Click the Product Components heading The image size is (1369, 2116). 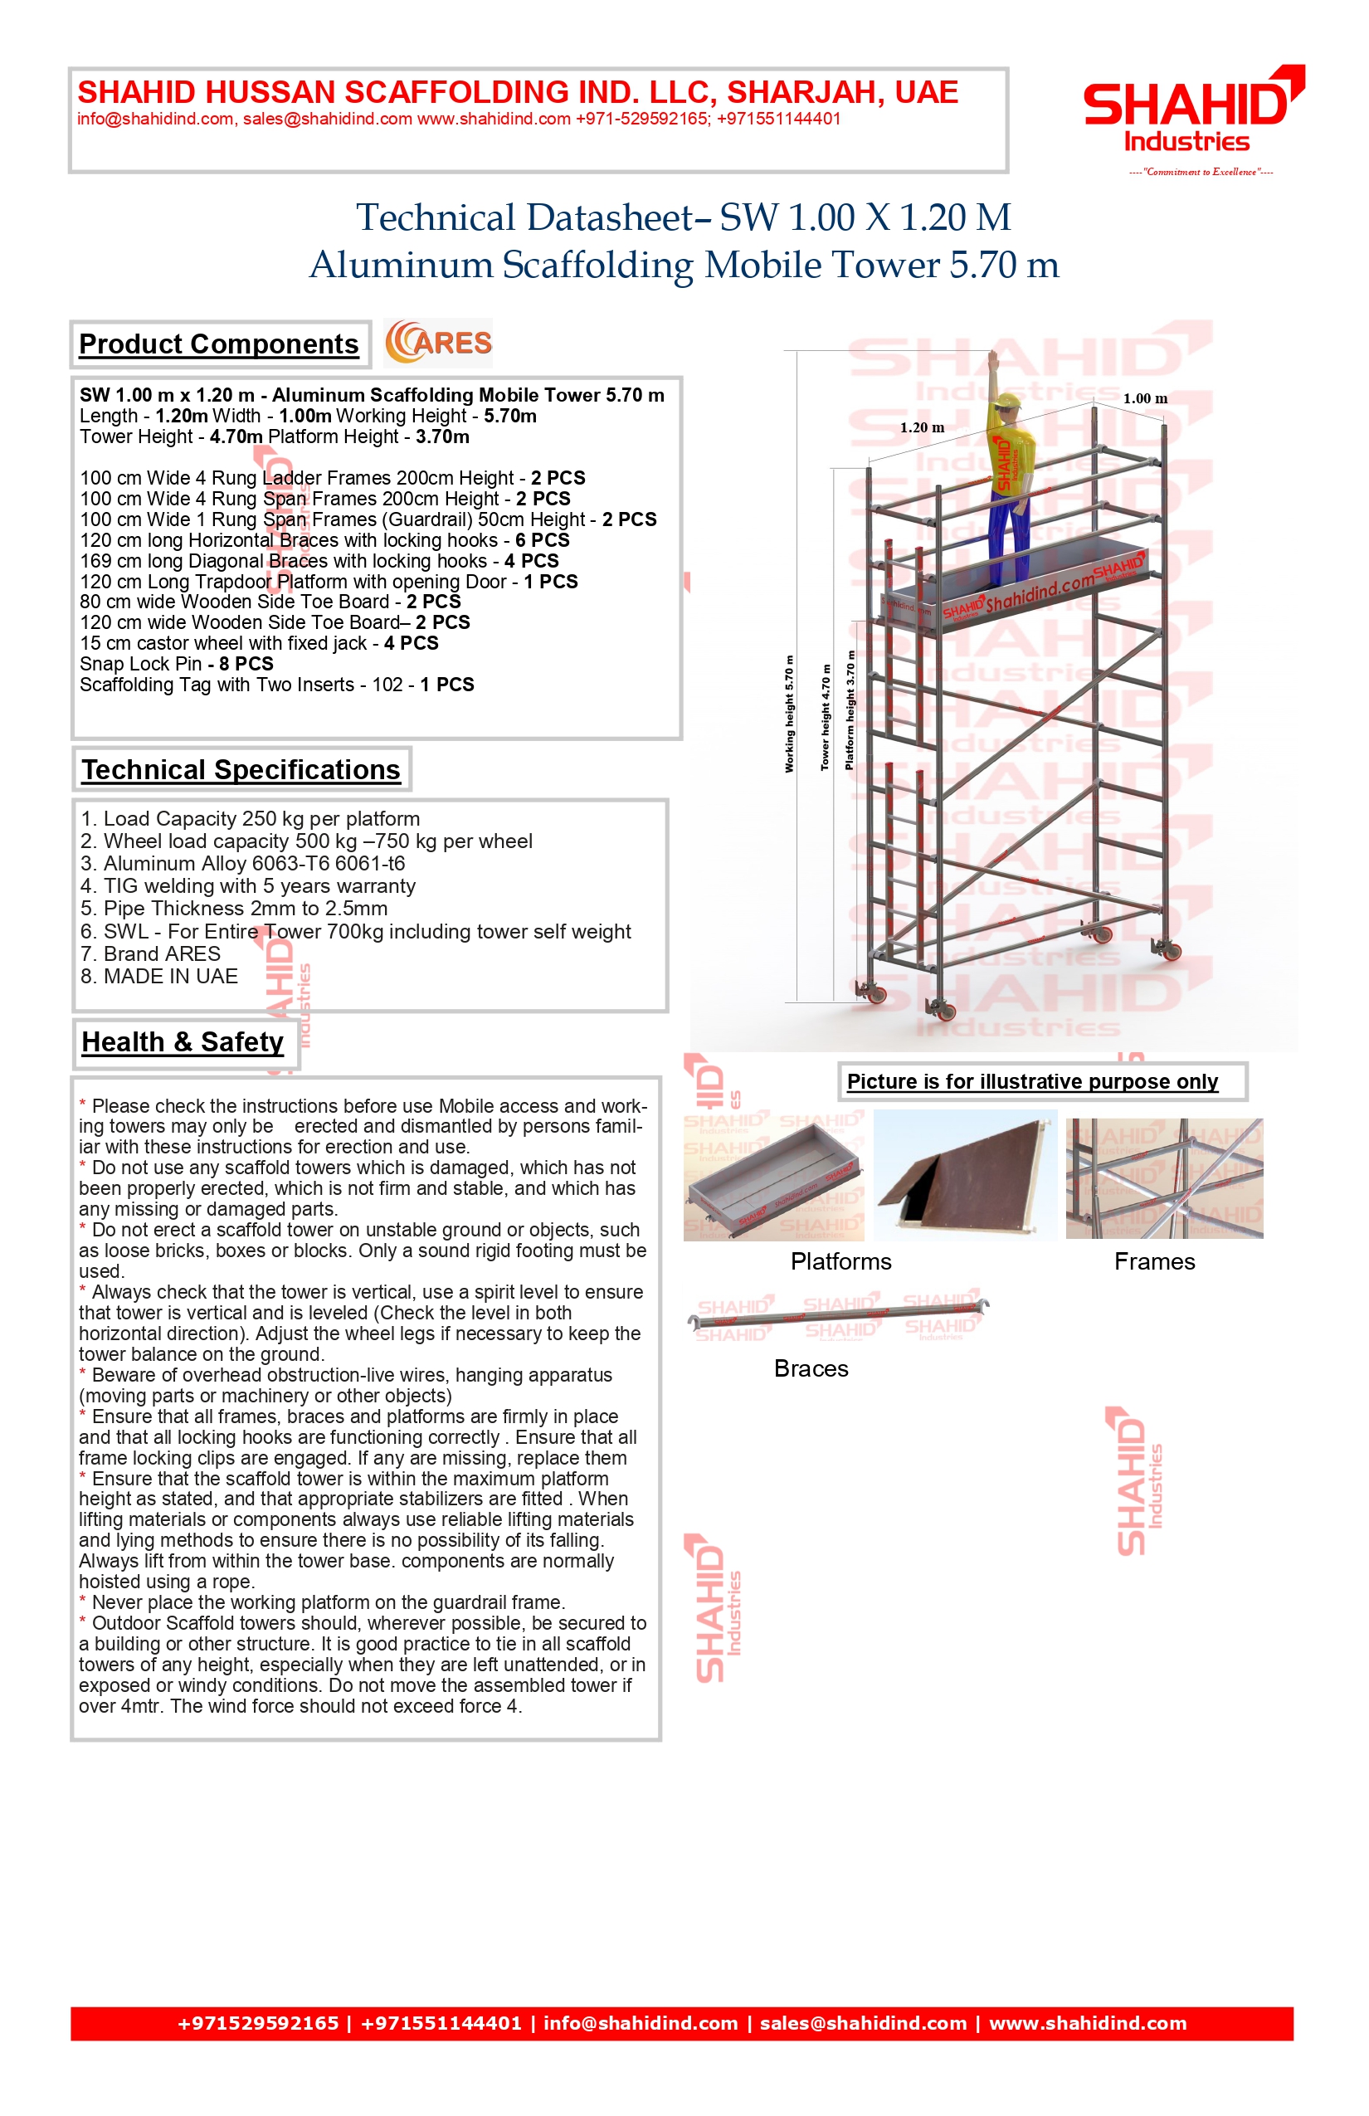219,344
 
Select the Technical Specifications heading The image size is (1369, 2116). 241,770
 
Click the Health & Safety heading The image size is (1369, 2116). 183,1042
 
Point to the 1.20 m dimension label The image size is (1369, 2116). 922,427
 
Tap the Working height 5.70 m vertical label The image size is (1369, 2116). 789,714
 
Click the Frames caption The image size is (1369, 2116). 1154,1261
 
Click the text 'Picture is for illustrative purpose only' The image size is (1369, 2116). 1032,1082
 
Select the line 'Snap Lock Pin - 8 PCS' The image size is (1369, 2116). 176,664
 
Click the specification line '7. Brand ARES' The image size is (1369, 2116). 150,954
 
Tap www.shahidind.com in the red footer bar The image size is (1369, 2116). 1088,2024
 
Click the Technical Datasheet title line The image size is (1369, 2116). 683,217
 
